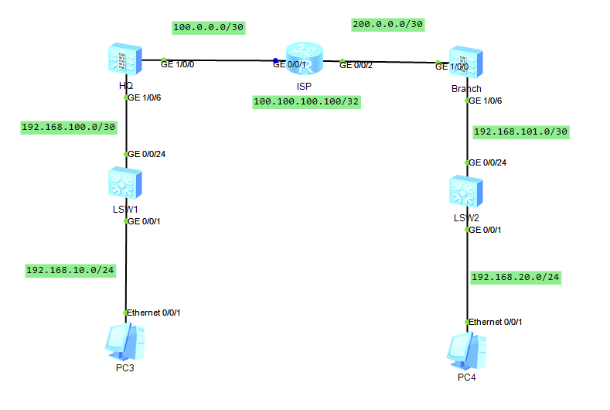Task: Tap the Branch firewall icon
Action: point(467,63)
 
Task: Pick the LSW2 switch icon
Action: point(467,191)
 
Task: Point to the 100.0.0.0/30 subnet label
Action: point(209,27)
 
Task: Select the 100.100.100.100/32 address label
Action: point(307,102)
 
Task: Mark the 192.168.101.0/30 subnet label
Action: point(520,132)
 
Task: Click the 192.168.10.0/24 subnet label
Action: point(70,270)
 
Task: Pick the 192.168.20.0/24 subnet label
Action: point(516,276)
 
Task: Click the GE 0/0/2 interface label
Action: point(356,65)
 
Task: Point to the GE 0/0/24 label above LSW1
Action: point(147,154)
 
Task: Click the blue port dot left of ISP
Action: point(274,60)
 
